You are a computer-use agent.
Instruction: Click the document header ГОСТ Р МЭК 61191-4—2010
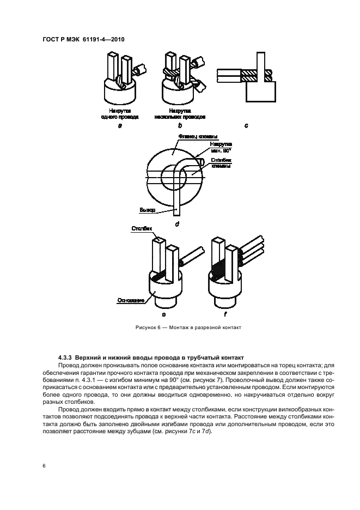tap(87, 39)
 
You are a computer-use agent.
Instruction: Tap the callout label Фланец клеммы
tap(198, 136)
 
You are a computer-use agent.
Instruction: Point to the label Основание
tap(130, 300)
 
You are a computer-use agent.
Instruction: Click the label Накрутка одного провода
tap(120, 113)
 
